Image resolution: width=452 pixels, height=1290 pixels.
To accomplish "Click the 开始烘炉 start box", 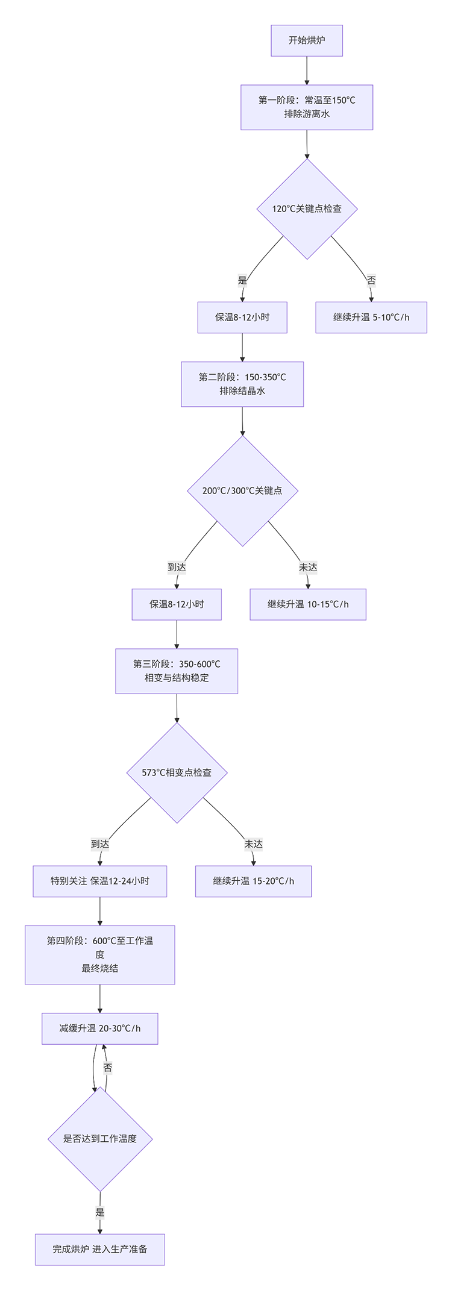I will pos(307,40).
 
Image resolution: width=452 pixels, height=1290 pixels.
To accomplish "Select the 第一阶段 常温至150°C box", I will pos(307,107).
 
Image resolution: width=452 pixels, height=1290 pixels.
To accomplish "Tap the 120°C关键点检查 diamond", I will pos(307,208).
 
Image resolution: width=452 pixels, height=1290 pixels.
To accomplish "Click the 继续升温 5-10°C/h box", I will pos(371,317).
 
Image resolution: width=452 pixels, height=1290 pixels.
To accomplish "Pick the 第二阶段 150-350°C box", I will pos(242,384).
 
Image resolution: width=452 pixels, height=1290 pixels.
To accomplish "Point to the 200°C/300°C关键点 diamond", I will pos(242,490).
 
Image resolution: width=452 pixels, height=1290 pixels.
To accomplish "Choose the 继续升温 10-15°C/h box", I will pos(308,604).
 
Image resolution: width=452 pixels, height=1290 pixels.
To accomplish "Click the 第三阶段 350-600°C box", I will pos(177,671).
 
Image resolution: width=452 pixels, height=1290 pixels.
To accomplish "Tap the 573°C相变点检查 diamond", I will pos(177,772).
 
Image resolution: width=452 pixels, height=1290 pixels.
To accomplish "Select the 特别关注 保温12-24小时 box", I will pos(100,881).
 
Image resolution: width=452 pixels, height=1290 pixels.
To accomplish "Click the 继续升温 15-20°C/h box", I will pos(253,881).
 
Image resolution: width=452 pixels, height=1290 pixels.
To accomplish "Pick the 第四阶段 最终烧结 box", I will pos(100,954).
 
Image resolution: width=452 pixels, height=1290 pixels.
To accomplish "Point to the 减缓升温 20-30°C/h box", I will pos(100,1028).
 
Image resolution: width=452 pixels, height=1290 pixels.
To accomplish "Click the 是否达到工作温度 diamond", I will pos(100,1138).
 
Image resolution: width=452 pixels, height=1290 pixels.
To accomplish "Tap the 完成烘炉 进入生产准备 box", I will pos(100,1249).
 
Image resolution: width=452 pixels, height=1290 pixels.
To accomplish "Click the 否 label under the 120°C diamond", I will pos(371,280).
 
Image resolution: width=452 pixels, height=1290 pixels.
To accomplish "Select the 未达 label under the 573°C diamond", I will pos(253,844).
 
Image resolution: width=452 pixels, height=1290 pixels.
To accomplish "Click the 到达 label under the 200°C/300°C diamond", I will pos(177,567).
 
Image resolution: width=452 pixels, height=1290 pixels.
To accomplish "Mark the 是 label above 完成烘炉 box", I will pos(100,1212).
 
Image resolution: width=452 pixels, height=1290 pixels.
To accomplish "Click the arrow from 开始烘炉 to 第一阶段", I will pos(307,70).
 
